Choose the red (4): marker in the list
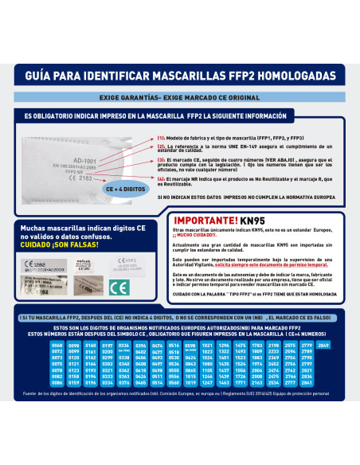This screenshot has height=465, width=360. tap(162, 178)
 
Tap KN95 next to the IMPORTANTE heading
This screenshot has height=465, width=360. tap(279, 220)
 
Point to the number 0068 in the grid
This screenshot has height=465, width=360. tap(57, 345)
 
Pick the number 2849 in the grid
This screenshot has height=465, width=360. tap(323, 345)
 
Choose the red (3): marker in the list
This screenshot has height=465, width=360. tap(162, 159)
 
